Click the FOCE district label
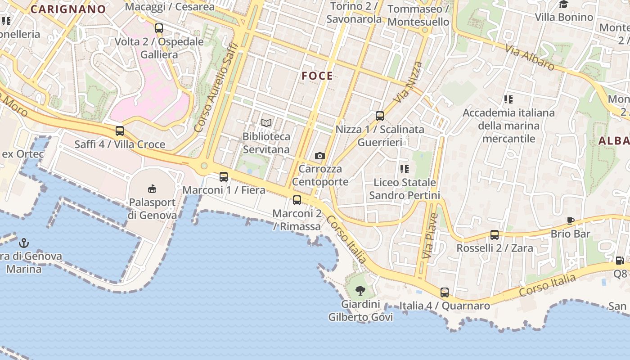(317, 76)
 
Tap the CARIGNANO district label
(68, 9)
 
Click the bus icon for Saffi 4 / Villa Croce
(119, 131)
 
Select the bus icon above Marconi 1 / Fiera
(224, 177)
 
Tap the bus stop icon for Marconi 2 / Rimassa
(297, 200)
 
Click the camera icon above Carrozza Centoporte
(320, 156)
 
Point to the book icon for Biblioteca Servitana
(266, 123)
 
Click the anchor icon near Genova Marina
(24, 243)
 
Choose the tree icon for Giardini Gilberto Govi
(360, 291)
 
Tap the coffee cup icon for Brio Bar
(571, 220)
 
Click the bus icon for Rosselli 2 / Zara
(495, 235)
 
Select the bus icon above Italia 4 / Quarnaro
(445, 292)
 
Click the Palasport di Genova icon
(152, 189)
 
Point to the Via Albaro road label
(530, 57)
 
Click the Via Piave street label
(430, 236)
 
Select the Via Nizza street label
(409, 81)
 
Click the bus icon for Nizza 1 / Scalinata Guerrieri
(380, 116)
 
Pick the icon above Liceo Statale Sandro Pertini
(405, 169)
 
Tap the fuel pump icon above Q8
(620, 261)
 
